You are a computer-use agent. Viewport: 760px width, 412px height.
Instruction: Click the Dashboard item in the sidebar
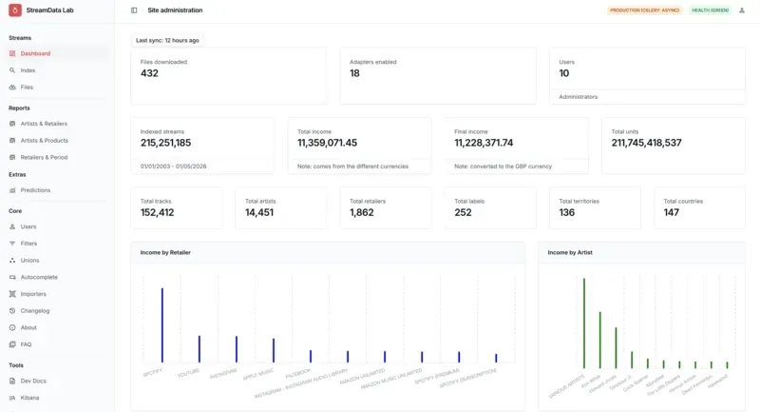[35, 53]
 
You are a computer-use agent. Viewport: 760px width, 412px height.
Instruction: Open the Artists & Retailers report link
[44, 124]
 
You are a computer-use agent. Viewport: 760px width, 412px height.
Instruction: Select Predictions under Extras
[35, 190]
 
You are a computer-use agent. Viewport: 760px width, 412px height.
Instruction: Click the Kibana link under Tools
[29, 398]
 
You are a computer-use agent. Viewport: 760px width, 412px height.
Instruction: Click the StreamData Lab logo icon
[14, 10]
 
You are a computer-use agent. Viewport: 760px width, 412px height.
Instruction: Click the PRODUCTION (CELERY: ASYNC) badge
[643, 10]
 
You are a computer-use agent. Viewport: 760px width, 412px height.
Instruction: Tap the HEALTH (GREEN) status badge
[710, 10]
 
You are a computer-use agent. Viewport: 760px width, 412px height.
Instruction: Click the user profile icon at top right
[741, 10]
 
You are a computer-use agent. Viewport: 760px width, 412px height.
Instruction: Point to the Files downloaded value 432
[149, 73]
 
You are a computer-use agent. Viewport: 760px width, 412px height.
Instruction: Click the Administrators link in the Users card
[579, 96]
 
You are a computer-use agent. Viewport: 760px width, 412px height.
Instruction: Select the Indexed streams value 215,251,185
[165, 143]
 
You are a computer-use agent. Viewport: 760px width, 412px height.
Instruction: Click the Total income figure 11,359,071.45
[327, 143]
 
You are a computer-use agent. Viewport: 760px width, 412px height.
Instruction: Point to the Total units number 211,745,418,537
[646, 143]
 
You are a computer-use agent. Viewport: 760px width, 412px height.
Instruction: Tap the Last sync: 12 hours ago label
[167, 40]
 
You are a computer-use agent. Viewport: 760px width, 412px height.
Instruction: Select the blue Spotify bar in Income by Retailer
[162, 324]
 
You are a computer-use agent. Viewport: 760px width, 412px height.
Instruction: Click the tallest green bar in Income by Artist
[583, 323]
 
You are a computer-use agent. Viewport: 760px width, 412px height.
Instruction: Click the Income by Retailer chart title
[165, 252]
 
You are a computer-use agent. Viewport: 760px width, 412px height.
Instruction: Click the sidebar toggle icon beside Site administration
[134, 10]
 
